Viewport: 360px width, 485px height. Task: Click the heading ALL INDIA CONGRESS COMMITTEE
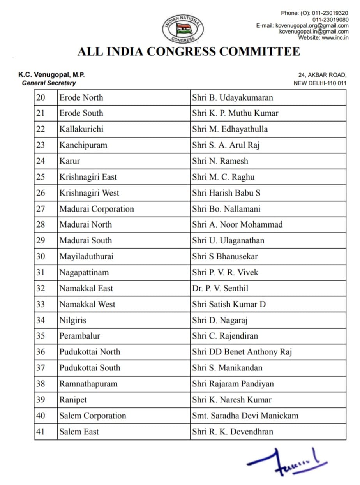189,51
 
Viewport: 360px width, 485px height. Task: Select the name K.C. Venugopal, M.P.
51,75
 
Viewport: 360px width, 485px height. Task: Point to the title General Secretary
49,83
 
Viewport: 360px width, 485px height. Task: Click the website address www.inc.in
335,38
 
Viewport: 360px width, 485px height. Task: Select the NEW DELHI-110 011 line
320,83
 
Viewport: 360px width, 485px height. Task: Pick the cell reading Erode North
81,97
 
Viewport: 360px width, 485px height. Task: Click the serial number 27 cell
41,209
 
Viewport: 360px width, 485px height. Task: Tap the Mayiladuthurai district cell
86,256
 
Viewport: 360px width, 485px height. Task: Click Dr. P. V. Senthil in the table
220,288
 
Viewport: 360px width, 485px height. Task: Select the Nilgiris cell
73,320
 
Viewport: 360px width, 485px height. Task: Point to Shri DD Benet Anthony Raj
242,352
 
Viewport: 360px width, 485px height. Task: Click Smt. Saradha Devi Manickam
245,416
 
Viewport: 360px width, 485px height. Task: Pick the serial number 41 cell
41,432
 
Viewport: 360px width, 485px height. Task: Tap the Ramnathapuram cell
88,384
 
